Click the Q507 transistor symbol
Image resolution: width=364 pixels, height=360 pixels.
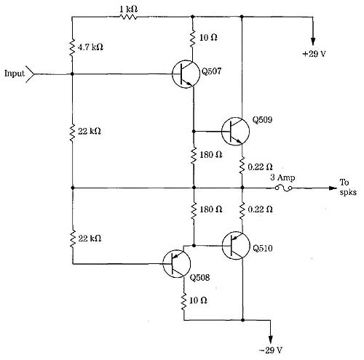tap(186, 74)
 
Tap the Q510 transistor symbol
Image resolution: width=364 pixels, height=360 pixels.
tap(236, 246)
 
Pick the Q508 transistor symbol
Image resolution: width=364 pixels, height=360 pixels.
tap(177, 263)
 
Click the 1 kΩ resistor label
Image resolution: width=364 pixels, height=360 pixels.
tap(128, 9)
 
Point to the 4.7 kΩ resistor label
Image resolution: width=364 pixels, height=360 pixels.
tap(90, 47)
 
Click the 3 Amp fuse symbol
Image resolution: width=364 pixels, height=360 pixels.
tap(283, 188)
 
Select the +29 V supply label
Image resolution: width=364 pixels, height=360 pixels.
tap(314, 54)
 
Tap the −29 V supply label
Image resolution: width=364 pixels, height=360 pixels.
tap(270, 350)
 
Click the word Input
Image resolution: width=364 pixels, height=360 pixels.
tap(15, 73)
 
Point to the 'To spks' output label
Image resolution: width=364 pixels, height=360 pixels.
tap(348, 187)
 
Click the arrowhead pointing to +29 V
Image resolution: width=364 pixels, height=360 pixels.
tap(313, 41)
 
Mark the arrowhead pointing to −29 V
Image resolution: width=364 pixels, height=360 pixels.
tap(271, 340)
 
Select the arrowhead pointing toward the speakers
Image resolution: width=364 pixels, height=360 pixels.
tap(333, 188)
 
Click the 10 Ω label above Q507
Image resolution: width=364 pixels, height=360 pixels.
tap(208, 38)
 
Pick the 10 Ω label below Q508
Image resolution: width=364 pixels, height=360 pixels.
tap(198, 300)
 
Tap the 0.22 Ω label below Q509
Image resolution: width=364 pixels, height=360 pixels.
tap(260, 167)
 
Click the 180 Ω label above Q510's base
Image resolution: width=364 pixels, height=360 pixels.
tap(210, 209)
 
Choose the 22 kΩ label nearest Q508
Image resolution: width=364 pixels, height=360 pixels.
tap(90, 239)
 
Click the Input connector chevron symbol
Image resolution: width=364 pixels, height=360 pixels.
tap(31, 74)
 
